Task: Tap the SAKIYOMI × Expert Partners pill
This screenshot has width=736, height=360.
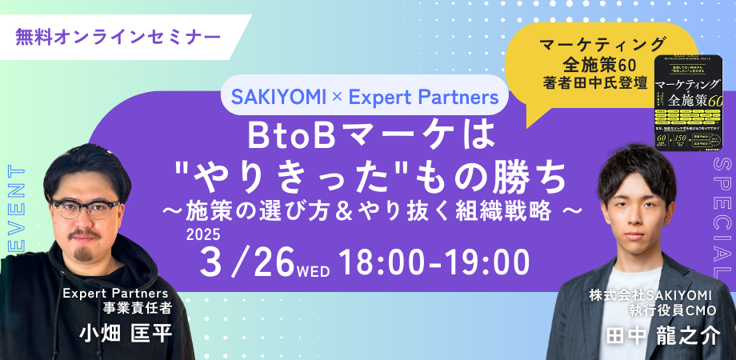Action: click(x=364, y=98)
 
